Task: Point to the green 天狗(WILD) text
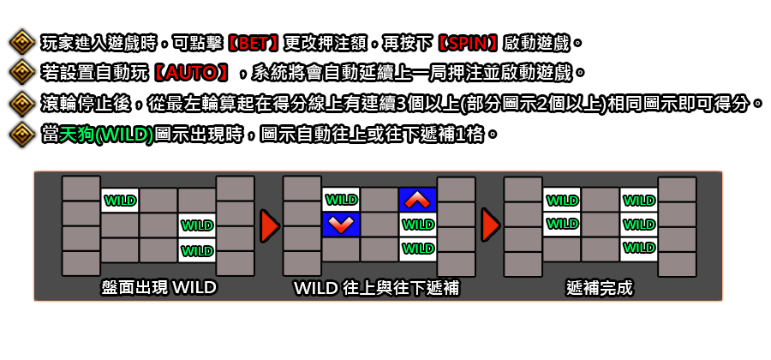(x=106, y=135)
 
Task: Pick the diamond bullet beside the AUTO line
(x=22, y=73)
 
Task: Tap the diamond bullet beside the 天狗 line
(x=22, y=135)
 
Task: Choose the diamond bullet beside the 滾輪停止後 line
(x=22, y=104)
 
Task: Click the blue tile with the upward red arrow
(x=418, y=200)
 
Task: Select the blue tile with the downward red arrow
(x=341, y=225)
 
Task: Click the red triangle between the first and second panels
(x=270, y=226)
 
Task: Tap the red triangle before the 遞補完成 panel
(x=491, y=226)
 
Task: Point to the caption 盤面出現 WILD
(x=158, y=288)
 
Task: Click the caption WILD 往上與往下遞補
(x=376, y=288)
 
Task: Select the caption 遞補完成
(x=599, y=288)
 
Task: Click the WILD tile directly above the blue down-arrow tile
(x=341, y=200)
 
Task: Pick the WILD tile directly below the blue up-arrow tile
(x=418, y=225)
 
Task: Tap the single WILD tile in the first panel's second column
(x=120, y=201)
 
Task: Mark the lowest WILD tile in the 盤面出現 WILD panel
(x=197, y=250)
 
